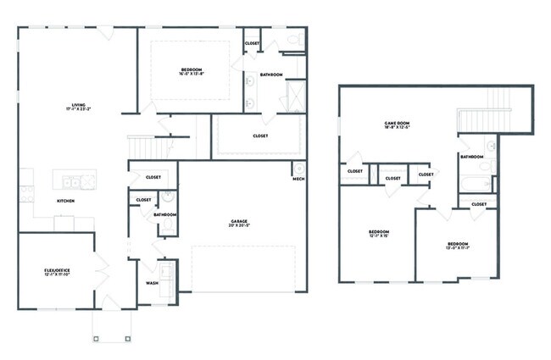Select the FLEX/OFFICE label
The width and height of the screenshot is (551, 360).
[57, 270]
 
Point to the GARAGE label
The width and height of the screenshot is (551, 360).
[238, 222]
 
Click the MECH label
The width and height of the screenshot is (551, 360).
[298, 179]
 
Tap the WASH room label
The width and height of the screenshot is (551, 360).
[152, 283]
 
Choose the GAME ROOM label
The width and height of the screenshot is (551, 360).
[397, 123]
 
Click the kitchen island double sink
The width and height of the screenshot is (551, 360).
[75, 180]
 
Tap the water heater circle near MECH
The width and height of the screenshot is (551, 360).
[298, 169]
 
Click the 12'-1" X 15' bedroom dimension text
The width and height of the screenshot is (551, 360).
[378, 236]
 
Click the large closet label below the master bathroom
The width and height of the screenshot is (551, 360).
[260, 136]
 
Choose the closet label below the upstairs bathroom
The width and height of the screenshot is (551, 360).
[478, 204]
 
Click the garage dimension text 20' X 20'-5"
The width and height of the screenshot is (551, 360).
[238, 227]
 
